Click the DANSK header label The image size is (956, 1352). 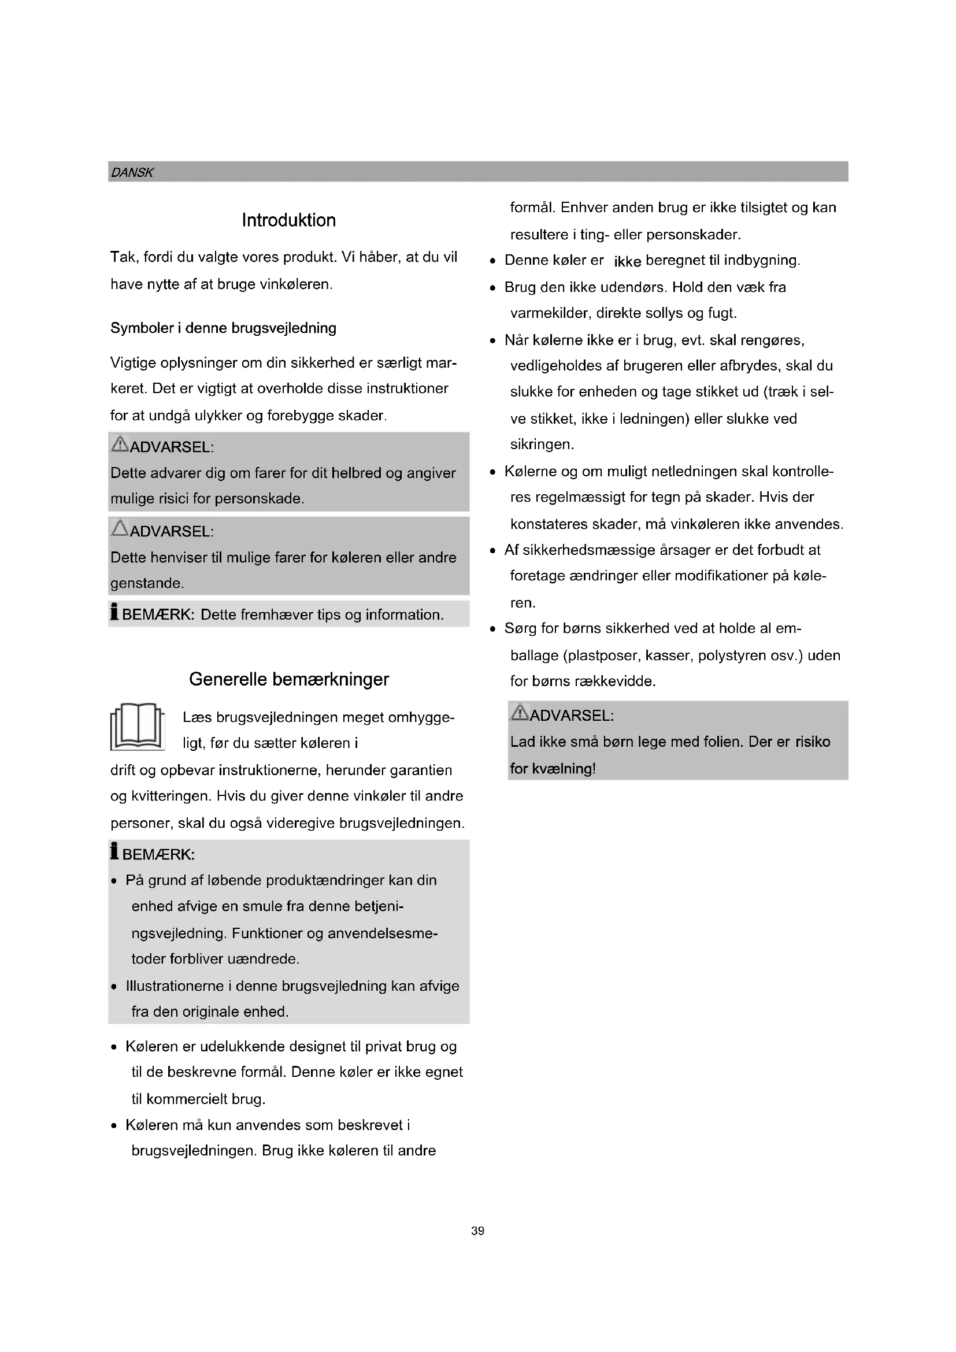pyautogui.click(x=132, y=172)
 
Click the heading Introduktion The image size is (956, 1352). pyautogui.click(x=288, y=220)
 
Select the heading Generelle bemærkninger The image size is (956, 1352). pyautogui.click(x=288, y=680)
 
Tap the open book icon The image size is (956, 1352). pyautogui.click(x=137, y=727)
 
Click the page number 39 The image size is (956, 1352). pyautogui.click(x=477, y=1231)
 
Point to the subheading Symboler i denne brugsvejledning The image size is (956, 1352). pyautogui.click(x=223, y=328)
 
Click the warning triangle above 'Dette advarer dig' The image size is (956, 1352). pyautogui.click(x=120, y=444)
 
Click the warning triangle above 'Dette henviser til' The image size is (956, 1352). pyautogui.click(x=120, y=528)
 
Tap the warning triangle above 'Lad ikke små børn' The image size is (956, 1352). pyautogui.click(x=520, y=713)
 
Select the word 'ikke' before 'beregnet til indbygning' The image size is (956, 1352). pyautogui.click(x=627, y=261)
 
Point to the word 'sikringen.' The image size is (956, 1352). pyautogui.click(x=542, y=445)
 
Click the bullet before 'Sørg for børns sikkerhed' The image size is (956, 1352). pyautogui.click(x=492, y=629)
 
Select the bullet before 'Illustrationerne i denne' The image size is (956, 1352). pyautogui.click(x=114, y=986)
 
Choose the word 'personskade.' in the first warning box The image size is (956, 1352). pyautogui.click(x=259, y=499)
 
